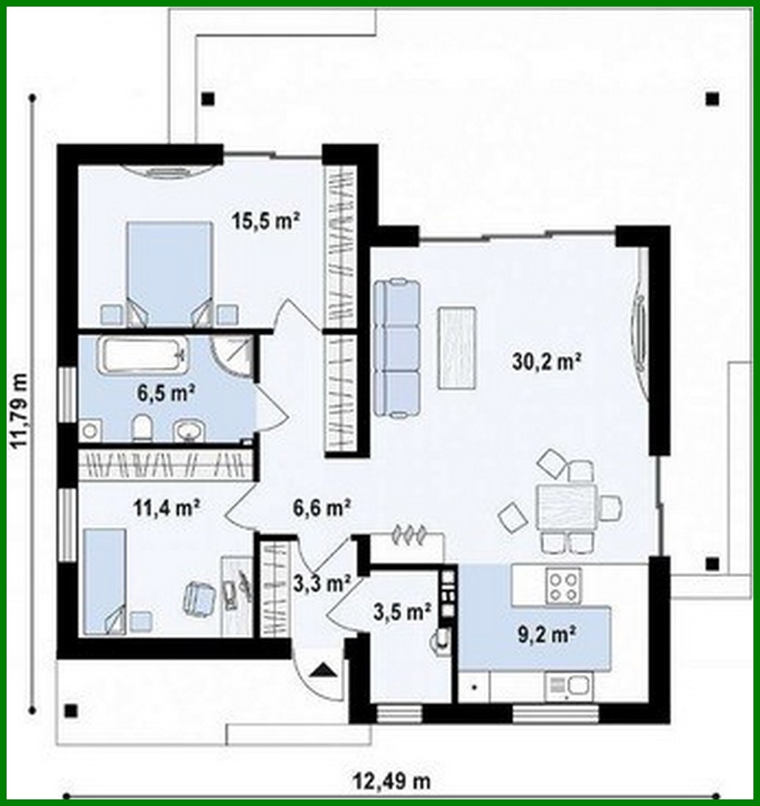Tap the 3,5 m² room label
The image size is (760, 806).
coord(402,611)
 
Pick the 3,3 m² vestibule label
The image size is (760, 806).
coord(321,584)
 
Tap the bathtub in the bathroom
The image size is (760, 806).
coord(144,355)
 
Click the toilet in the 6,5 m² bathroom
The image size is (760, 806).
coord(142,428)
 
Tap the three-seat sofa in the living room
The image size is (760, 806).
coord(397,349)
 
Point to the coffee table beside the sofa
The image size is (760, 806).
coord(457,347)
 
